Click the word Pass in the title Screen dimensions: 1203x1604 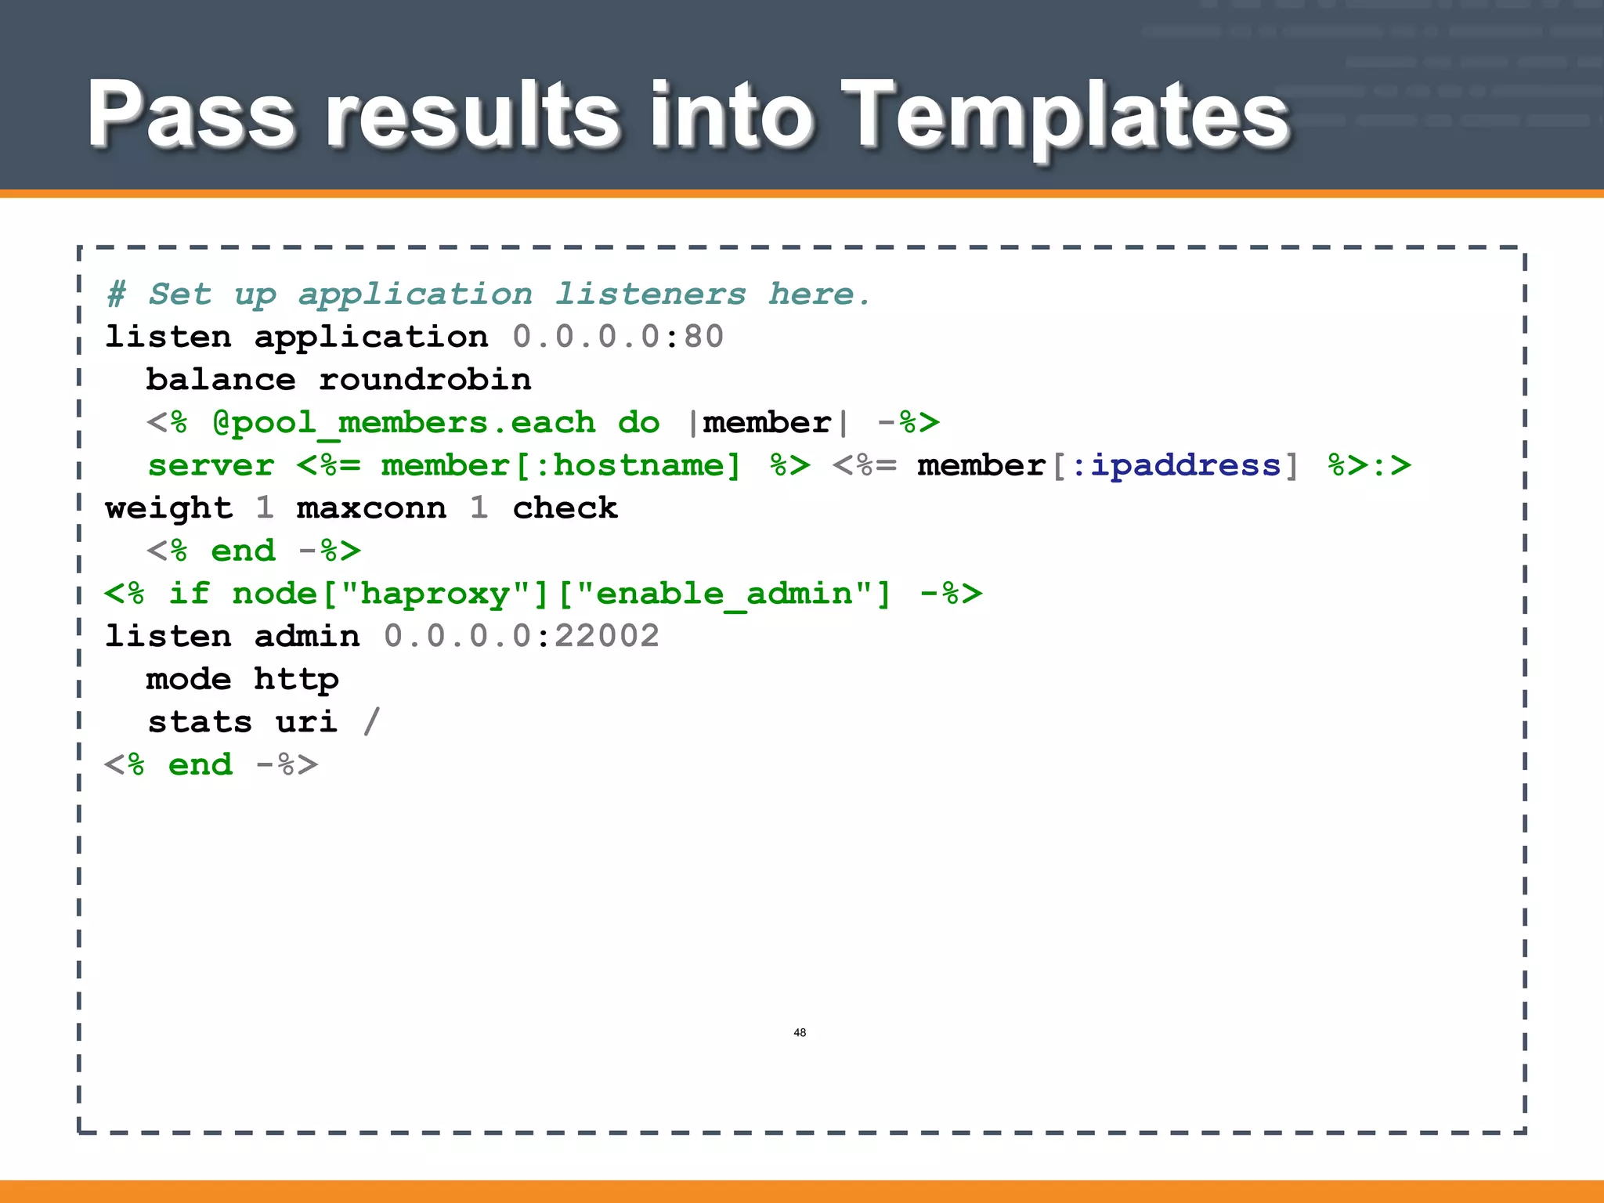pos(191,116)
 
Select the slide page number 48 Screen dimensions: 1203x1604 pos(800,1032)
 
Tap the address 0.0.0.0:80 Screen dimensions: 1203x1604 pos(618,337)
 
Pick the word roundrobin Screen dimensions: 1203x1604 pos(424,380)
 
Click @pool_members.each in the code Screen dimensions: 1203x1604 pos(403,423)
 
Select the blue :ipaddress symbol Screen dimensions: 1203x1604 pos(1175,465)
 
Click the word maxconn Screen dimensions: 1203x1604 pos(371,508)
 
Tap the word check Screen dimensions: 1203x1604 pos(565,508)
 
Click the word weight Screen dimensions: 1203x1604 pos(168,508)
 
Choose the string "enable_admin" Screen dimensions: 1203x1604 pos(724,594)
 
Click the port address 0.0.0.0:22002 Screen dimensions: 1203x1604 pos(521,636)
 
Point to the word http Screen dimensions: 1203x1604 pos(296,679)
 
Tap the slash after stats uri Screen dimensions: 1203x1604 pos(371,721)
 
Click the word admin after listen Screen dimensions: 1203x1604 pos(307,636)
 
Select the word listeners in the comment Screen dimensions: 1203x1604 pos(650,294)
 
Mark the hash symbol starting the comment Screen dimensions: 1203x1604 pos(116,294)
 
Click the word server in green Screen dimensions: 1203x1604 pos(211,465)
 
